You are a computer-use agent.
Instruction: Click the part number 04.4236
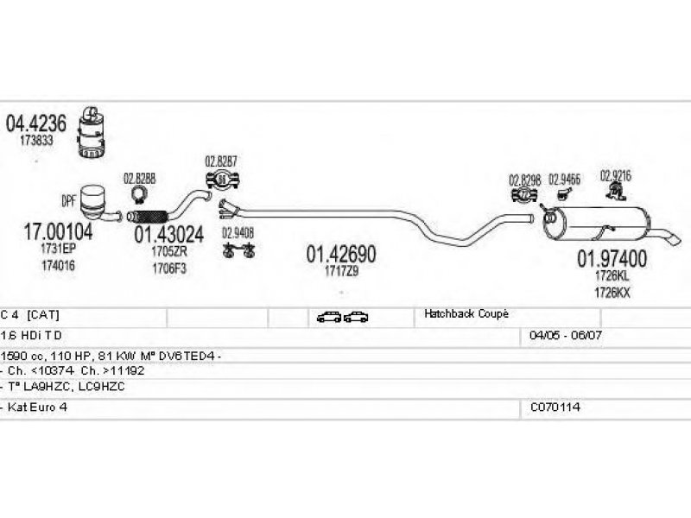36,123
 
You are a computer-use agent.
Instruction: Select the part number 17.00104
55,231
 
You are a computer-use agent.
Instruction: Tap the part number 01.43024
168,233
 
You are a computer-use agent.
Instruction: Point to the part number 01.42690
341,254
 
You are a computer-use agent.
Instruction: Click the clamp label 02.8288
139,179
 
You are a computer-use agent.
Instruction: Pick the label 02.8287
221,161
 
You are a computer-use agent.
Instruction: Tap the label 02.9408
238,231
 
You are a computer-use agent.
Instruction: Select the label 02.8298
524,180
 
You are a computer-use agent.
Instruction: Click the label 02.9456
564,180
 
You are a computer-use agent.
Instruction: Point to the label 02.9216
616,174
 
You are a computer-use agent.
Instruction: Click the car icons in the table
343,317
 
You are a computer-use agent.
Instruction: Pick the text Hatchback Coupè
466,314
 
